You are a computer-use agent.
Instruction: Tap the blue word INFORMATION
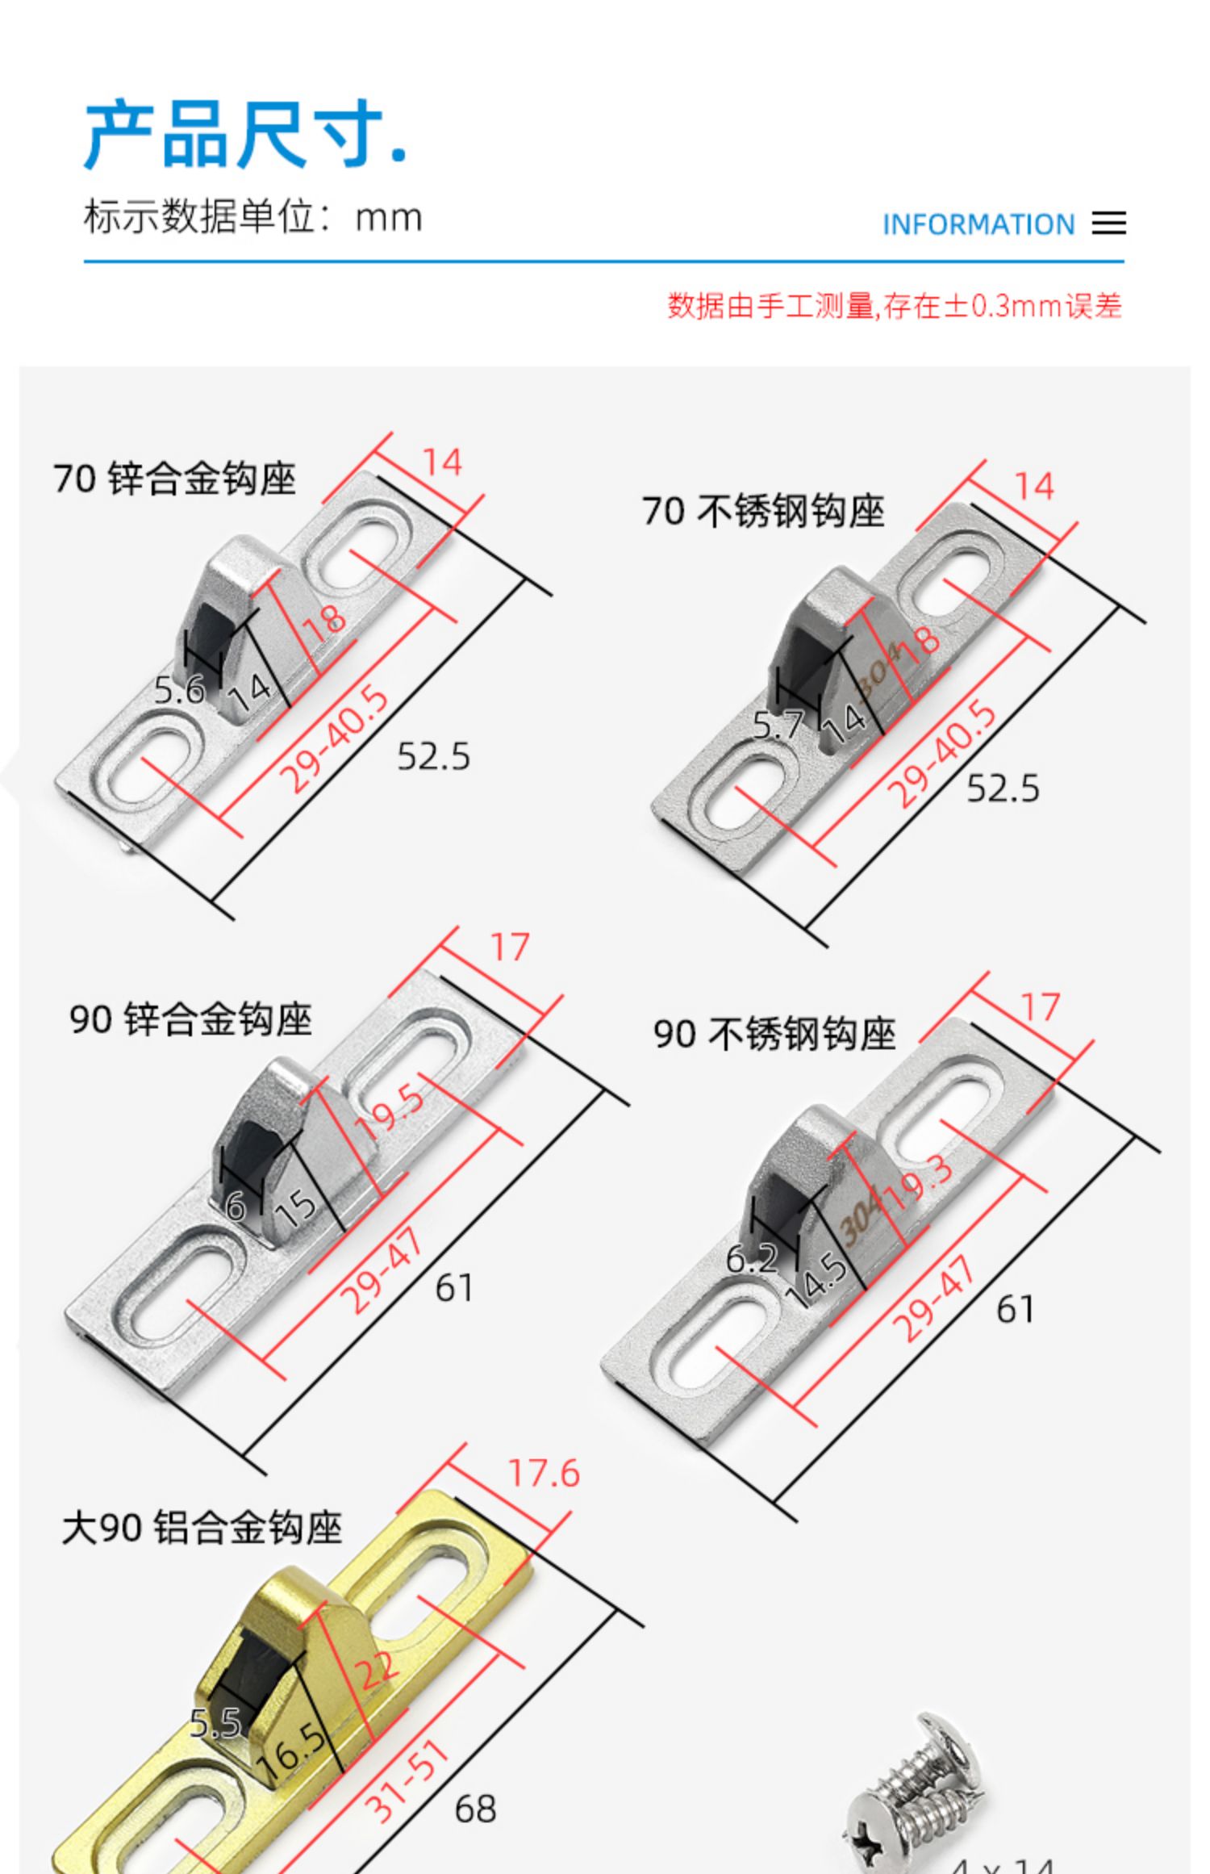tap(978, 224)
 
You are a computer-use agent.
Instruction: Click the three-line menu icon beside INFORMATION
tap(1108, 224)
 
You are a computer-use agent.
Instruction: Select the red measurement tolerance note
tap(894, 307)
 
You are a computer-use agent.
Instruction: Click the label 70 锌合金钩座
tap(174, 479)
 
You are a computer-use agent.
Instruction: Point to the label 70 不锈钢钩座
tap(763, 511)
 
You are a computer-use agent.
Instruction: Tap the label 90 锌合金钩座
tap(190, 1019)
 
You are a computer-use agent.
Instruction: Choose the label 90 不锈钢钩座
tap(774, 1035)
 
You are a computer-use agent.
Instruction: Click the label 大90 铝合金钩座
tap(202, 1528)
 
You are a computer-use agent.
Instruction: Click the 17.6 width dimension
tap(544, 1473)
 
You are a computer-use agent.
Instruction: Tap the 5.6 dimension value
tap(179, 690)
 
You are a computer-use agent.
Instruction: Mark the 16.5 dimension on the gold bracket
tap(291, 1746)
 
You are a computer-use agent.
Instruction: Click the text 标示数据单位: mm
tap(252, 217)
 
